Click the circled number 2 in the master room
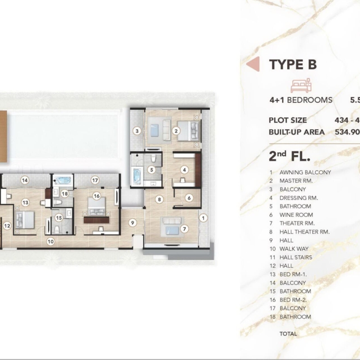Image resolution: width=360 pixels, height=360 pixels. pos(176,131)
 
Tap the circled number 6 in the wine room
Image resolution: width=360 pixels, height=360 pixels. pos(189,198)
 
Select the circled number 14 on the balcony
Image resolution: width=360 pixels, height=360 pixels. pos(25,180)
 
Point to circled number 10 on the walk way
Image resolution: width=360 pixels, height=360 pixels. pos(50,241)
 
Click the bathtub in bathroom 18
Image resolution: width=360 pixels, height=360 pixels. pos(63,180)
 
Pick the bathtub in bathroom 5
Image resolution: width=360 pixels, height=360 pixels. pos(137,176)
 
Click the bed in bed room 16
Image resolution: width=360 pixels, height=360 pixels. pos(96,207)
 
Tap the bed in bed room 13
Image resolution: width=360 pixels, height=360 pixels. pos(25,220)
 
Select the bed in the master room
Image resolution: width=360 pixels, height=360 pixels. pos(188,131)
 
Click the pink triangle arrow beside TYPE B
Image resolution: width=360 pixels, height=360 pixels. pos(253,64)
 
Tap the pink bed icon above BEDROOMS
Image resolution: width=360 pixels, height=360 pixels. pos(301,85)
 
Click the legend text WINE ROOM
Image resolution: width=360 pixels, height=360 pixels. pos(296,215)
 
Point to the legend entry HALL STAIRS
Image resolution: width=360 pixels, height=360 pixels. pos(296,258)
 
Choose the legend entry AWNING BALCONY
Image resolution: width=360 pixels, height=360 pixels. pos(305,173)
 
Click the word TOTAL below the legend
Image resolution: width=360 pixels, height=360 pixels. pos(288,334)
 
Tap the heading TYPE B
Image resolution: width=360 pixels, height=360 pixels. pos(293,64)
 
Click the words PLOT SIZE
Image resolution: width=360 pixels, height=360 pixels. pos(288,120)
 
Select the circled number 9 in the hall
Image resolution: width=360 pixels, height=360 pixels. pos(132,222)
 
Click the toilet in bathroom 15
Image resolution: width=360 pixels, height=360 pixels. pos(57,228)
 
